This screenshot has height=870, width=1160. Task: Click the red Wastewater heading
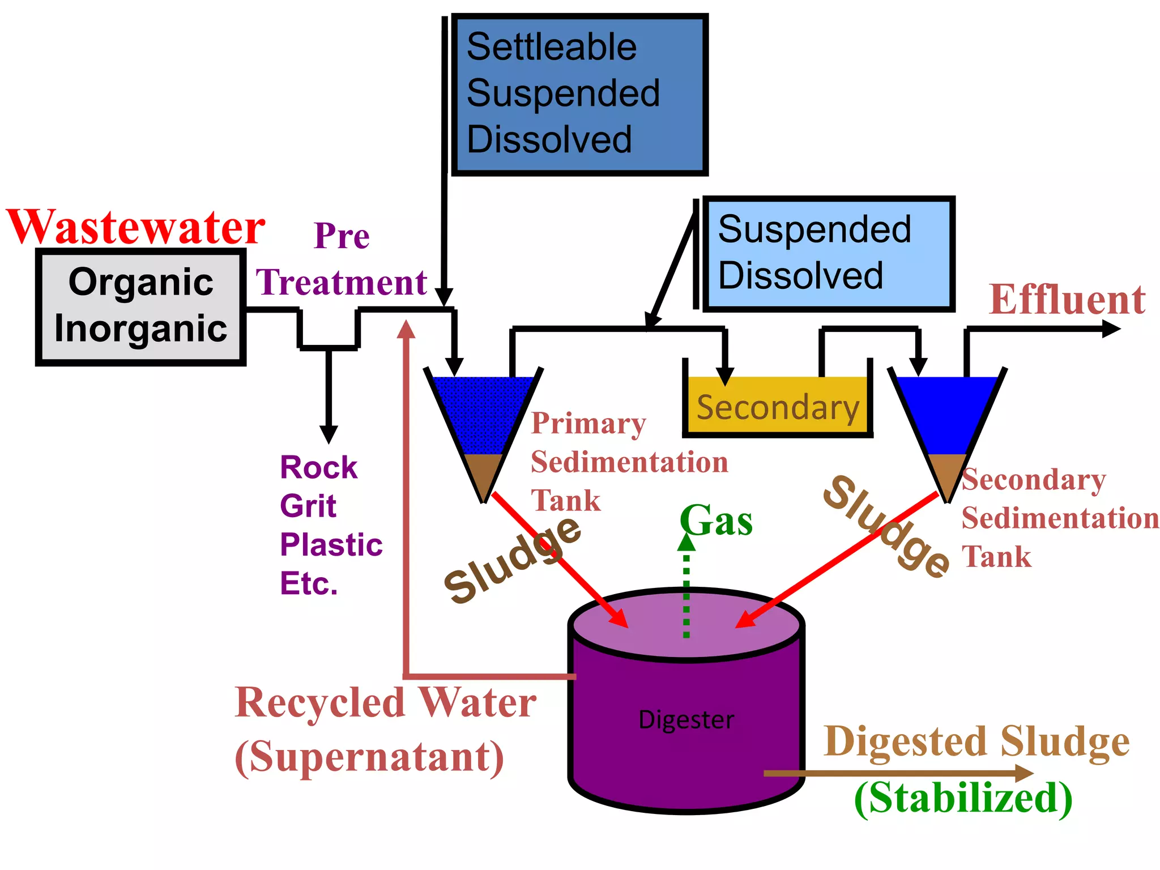point(136,228)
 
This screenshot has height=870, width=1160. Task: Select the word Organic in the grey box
point(140,282)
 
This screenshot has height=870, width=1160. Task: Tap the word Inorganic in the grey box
point(140,329)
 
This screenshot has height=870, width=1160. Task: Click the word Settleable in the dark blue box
point(551,47)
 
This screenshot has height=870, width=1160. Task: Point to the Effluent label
point(1067,300)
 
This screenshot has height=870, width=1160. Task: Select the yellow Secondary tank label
point(777,408)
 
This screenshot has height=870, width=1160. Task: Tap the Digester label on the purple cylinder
point(686,720)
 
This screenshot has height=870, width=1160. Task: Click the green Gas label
point(717,521)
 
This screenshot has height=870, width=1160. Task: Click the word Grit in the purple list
point(308,506)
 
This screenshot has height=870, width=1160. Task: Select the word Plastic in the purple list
point(331,545)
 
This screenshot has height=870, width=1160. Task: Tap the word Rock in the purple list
point(318,468)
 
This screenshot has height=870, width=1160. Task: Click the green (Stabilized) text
point(963,798)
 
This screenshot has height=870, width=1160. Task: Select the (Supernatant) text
point(369,758)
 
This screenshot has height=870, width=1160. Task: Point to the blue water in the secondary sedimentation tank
point(947,413)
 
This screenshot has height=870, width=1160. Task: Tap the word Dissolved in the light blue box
point(800,276)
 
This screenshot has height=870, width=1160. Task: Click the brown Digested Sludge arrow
point(895,773)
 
